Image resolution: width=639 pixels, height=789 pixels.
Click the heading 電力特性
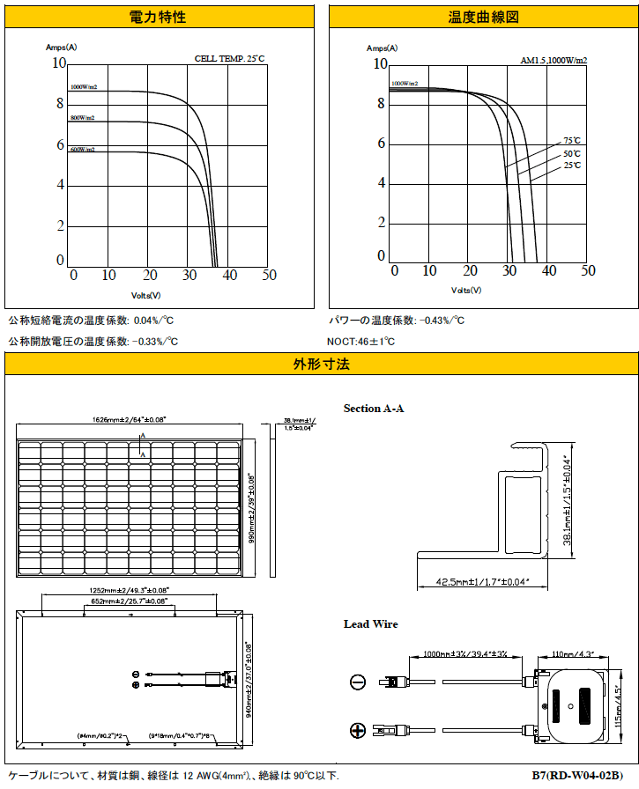coord(159,17)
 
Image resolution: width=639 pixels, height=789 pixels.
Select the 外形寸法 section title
coord(321,364)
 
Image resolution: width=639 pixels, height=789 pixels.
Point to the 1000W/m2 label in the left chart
coord(84,87)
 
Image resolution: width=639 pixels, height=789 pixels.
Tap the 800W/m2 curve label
coord(83,117)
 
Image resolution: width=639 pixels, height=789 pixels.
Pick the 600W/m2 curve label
coord(83,150)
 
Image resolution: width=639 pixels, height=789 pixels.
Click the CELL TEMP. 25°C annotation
coord(229,58)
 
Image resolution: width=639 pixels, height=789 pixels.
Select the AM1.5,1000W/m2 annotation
coord(554,61)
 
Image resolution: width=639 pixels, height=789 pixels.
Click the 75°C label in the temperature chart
coord(572,140)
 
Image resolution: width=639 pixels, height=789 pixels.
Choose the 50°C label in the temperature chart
coord(572,153)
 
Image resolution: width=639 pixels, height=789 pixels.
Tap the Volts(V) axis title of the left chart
coord(146,296)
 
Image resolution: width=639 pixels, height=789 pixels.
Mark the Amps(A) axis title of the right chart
coord(382,48)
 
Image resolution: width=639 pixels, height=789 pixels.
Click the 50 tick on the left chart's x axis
coord(269,275)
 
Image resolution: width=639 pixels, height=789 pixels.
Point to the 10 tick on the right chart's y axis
coord(381,63)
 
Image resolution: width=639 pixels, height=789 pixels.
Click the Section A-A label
coord(374,409)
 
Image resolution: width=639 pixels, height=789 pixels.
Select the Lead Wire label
coord(370,624)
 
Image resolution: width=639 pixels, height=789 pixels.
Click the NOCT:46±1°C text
coord(361,341)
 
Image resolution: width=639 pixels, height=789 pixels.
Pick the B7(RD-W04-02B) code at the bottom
coord(583,776)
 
